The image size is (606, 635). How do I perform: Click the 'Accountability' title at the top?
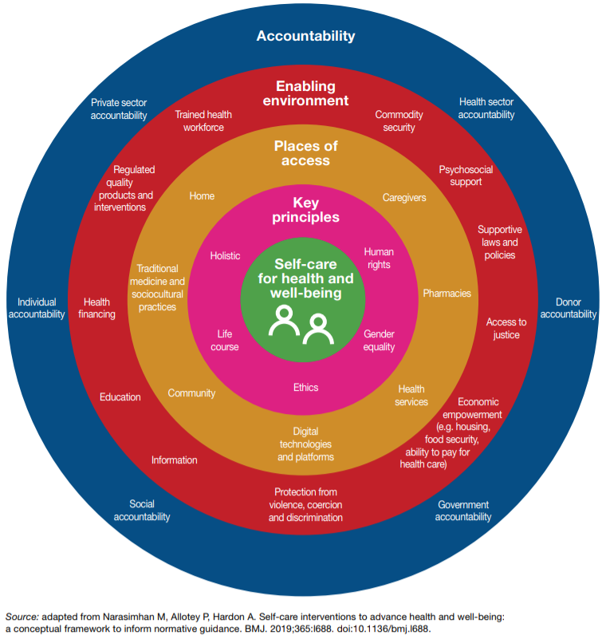[x=306, y=36]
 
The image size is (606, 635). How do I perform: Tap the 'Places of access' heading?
[x=306, y=153]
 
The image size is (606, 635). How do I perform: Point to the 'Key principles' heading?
[x=305, y=210]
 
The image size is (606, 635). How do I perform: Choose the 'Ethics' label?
[x=305, y=388]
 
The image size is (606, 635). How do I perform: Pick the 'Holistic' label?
[x=225, y=256]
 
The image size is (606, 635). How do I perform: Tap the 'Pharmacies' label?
[x=447, y=294]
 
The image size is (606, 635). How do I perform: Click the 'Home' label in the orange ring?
[x=202, y=196]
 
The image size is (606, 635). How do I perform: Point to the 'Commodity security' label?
[x=399, y=121]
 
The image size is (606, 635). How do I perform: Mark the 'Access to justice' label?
[x=506, y=329]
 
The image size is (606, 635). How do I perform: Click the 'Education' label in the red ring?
[x=120, y=397]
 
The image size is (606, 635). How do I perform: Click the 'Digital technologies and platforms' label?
[x=305, y=444]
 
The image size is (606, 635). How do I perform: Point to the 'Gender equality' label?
[x=379, y=341]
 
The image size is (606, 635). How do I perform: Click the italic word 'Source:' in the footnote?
[x=22, y=617]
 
